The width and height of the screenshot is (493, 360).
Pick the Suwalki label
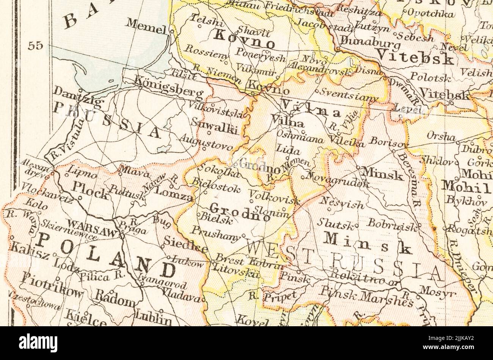tap(215, 127)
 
